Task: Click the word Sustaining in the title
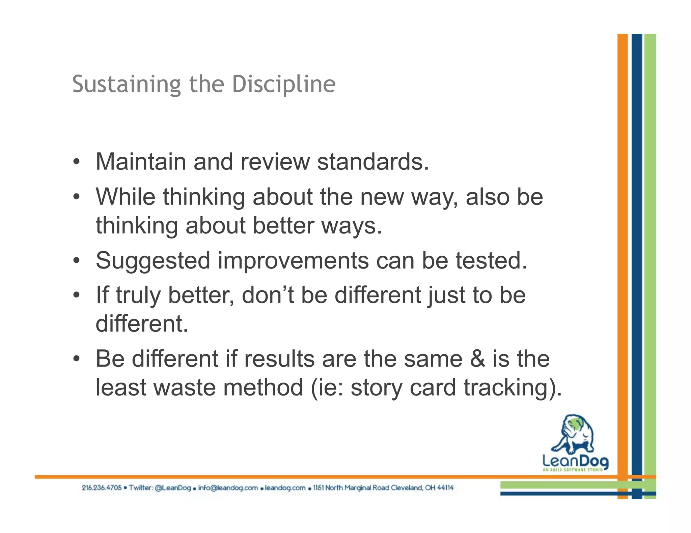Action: point(127,84)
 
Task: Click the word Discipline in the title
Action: point(284,84)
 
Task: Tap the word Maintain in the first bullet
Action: point(141,162)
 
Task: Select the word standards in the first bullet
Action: point(372,162)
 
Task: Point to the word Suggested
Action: point(153,261)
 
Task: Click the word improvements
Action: point(293,261)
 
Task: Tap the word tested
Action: point(491,261)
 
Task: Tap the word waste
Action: point(184,387)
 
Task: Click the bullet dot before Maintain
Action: point(77,162)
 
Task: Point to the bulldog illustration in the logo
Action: point(573,435)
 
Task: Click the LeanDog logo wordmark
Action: point(575,461)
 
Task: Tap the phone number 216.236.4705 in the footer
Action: point(102,488)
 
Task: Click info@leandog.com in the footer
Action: point(228,488)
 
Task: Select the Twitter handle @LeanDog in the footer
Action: point(173,488)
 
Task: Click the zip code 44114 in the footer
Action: point(445,488)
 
